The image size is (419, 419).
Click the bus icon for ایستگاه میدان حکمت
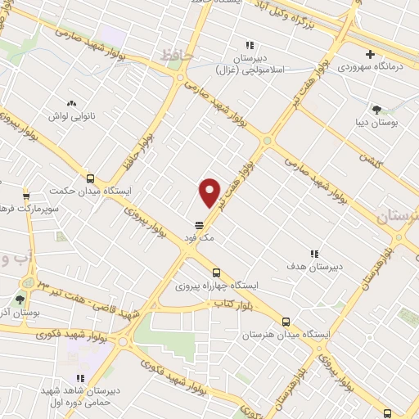point(90,179)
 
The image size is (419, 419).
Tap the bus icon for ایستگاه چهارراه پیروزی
point(216,273)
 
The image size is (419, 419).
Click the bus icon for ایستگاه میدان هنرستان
point(286,322)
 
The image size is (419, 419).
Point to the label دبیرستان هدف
point(313,267)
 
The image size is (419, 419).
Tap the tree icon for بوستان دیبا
point(376,109)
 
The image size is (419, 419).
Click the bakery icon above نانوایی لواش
point(70,103)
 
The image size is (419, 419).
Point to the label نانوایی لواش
point(70,117)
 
